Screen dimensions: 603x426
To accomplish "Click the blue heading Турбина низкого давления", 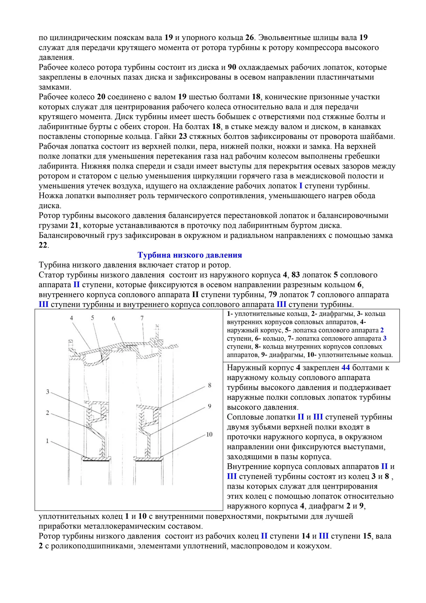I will coord(190,255).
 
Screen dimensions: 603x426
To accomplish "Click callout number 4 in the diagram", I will coord(71,318).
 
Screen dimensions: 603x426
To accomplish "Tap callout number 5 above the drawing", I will coord(93,318).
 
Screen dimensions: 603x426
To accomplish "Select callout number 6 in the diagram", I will coord(113,318).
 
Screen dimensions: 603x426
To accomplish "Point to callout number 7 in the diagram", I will coord(142,318).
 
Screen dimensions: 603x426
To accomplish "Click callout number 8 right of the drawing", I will coord(210,385).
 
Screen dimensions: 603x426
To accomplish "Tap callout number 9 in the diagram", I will coord(210,406).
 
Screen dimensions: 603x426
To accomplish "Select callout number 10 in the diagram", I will coord(209,435).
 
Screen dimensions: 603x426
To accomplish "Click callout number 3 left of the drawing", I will coord(48,392).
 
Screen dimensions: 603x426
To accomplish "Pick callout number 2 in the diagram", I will coord(48,413).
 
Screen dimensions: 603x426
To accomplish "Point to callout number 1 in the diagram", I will coord(48,441).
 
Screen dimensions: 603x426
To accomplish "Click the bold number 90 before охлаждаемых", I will coord(232,67).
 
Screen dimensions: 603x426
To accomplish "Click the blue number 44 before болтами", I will coord(346,368).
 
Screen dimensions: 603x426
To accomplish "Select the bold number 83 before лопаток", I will coord(296,275).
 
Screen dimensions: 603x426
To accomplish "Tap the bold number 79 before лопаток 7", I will coord(273,295).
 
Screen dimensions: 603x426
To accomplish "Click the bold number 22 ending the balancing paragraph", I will coord(43,245).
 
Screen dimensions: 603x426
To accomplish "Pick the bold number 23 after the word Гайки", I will coord(183,136).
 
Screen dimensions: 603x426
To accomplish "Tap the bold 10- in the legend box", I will coord(312,355).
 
